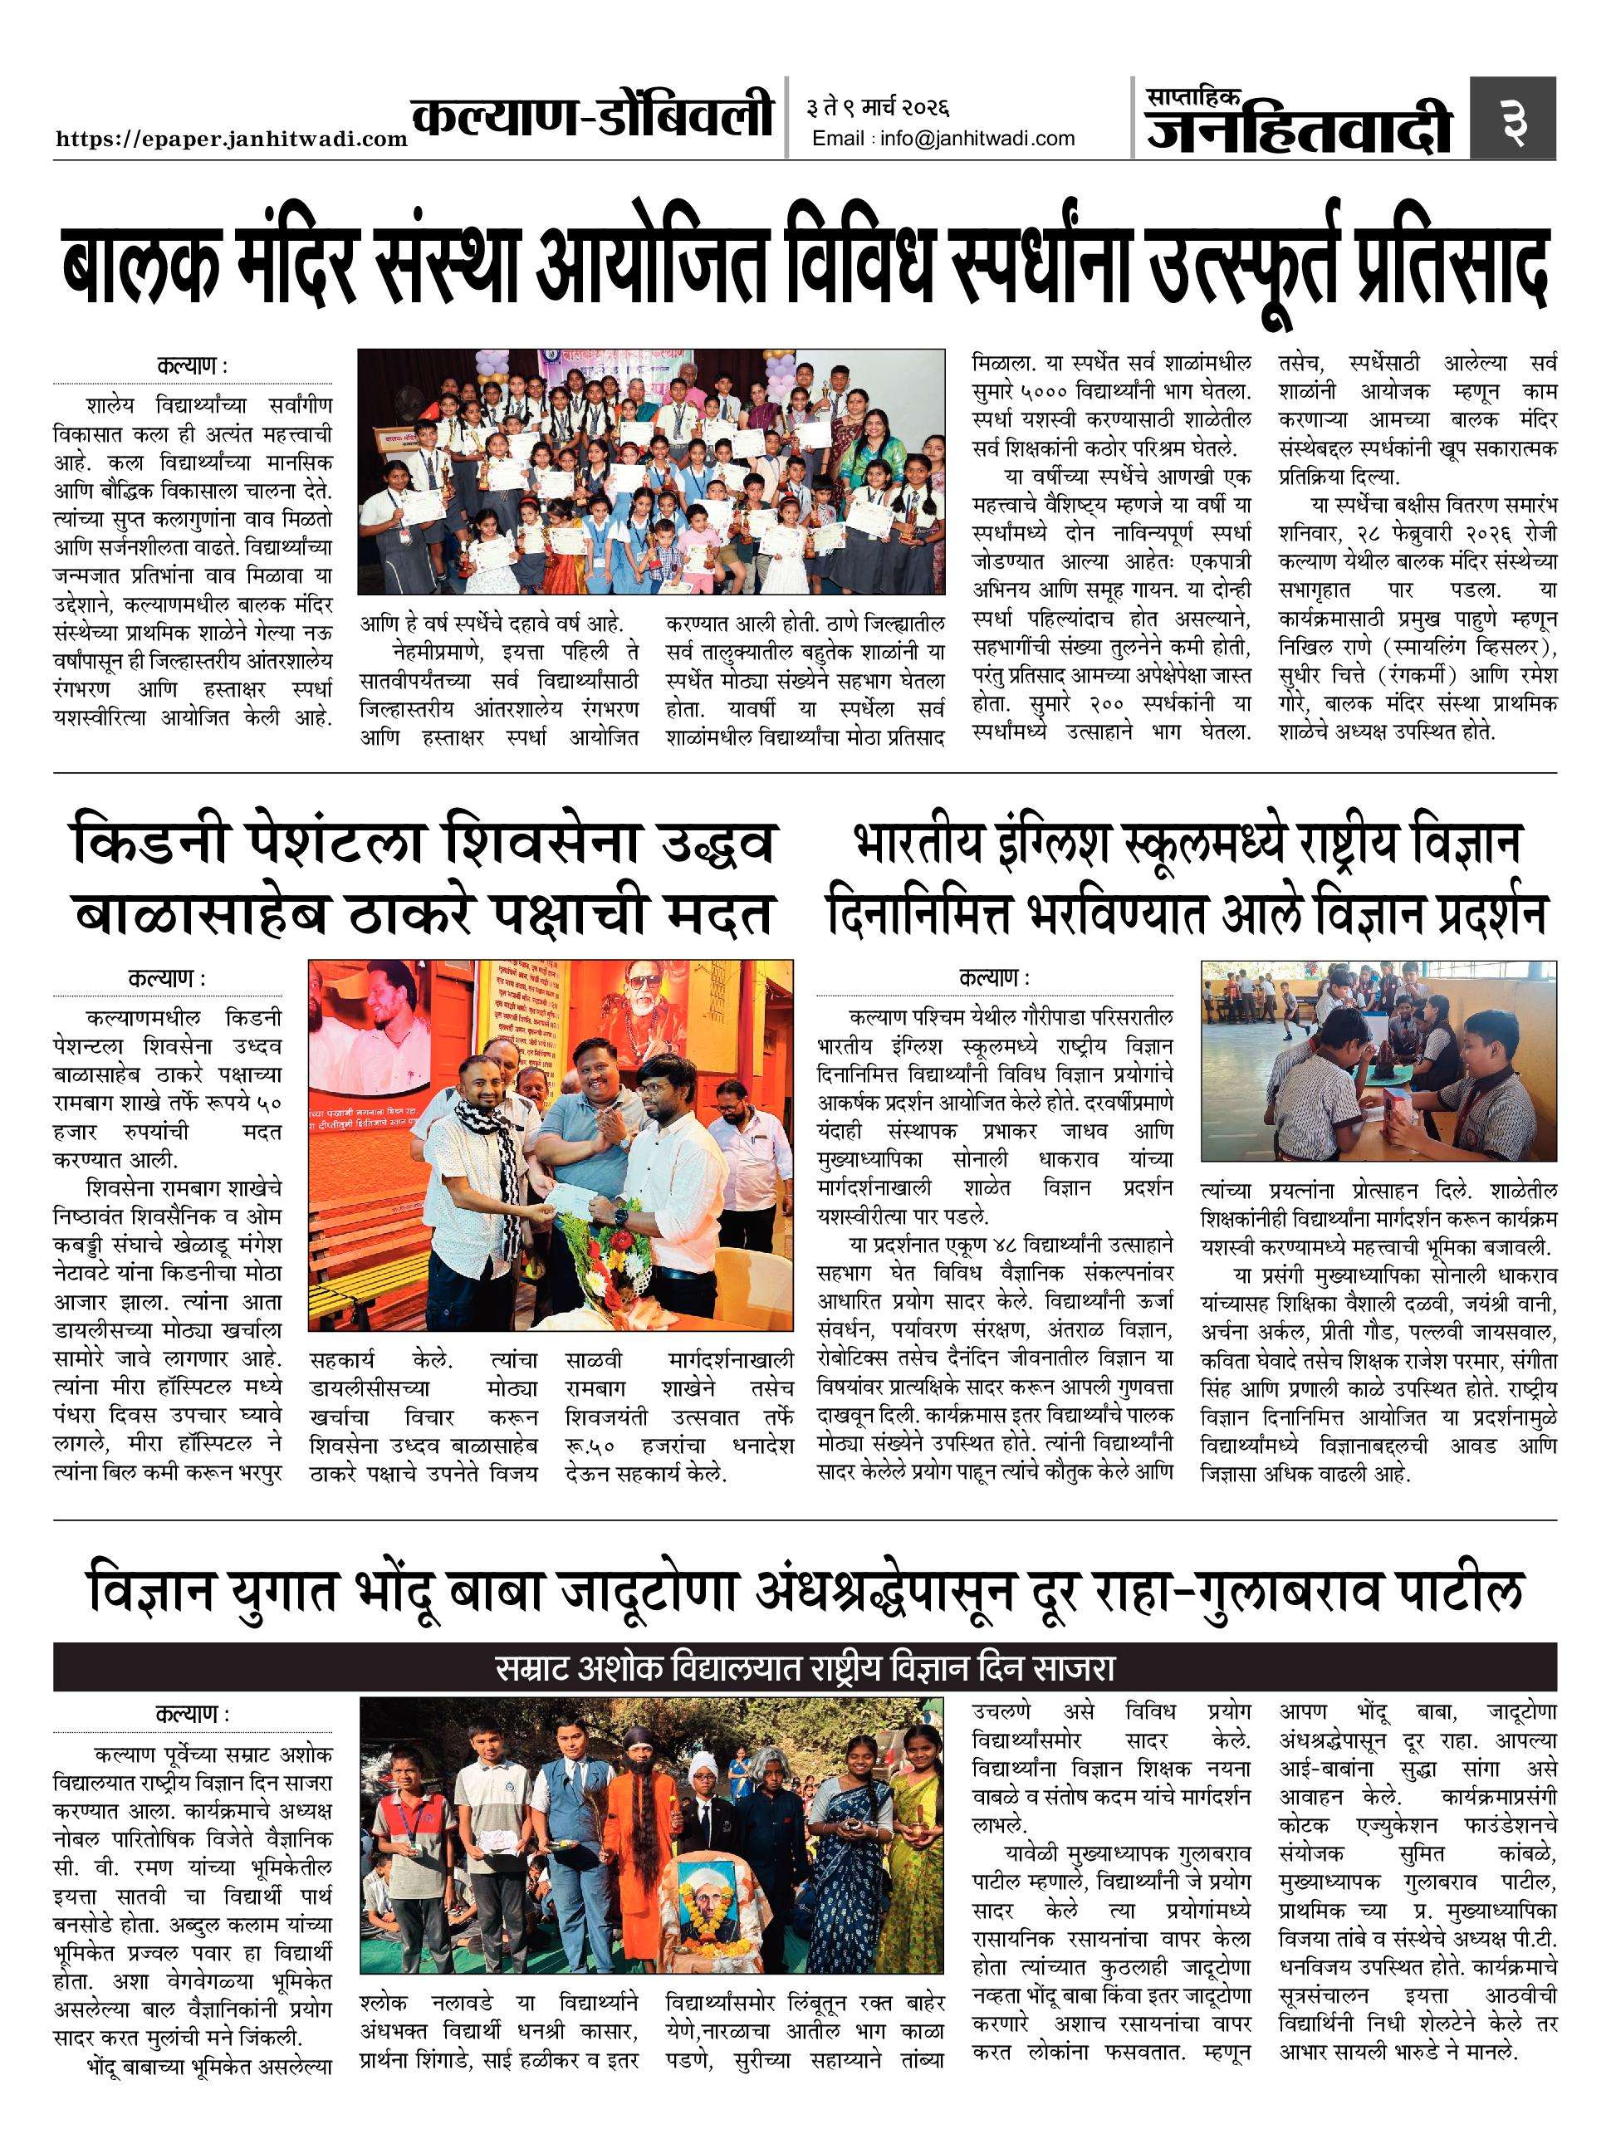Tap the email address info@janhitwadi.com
coord(943,139)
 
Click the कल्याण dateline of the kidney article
coord(167,978)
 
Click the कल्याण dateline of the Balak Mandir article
coord(192,368)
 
